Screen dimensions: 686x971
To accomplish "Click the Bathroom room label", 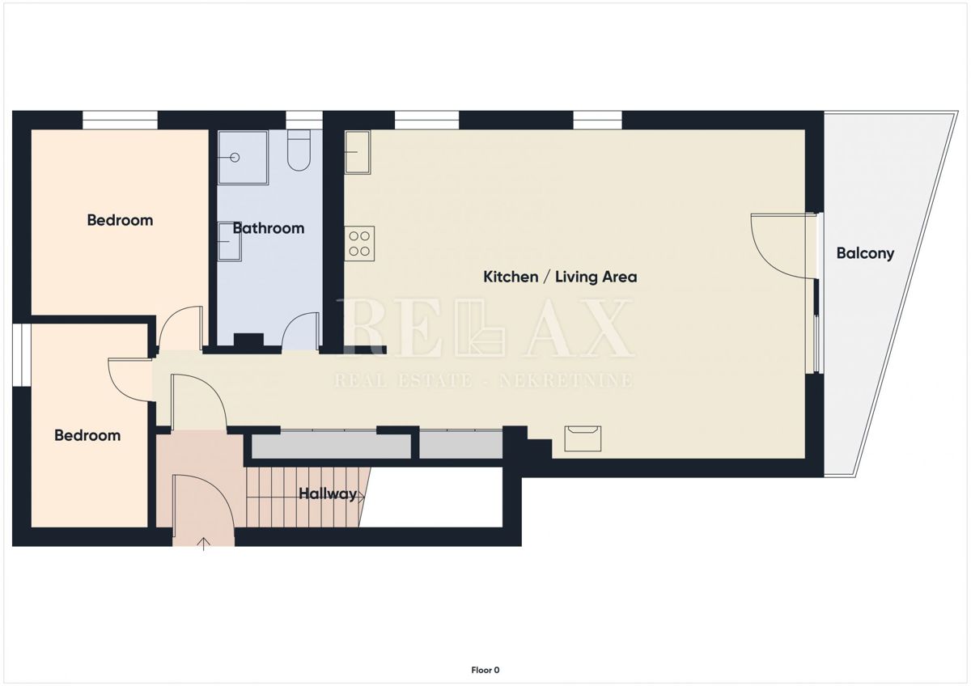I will (268, 228).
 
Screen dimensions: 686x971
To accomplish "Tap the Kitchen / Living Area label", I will (560, 277).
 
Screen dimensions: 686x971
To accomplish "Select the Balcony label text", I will (865, 253).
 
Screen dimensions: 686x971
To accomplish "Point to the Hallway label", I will (328, 493).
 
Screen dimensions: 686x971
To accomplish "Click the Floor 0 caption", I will (485, 670).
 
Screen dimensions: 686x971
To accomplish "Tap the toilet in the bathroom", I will (298, 152).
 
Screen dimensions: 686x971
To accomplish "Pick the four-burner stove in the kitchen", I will (360, 243).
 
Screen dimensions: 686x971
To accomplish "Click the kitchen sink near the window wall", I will (357, 153).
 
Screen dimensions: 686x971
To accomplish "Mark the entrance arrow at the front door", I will (203, 543).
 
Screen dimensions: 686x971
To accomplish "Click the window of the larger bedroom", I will (120, 121).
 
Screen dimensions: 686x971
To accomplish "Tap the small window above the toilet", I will (303, 121).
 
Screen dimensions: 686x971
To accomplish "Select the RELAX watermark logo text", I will (485, 328).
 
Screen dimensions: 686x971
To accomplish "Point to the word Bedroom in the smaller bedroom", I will (87, 435).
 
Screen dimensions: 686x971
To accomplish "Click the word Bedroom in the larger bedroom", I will (120, 220).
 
